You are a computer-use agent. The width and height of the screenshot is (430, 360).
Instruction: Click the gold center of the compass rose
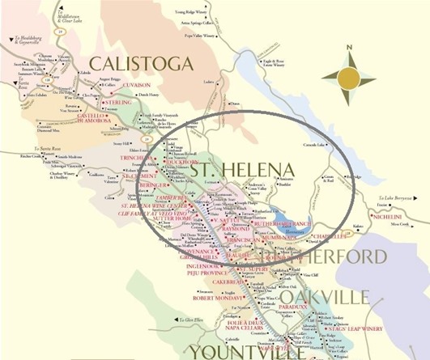[x=349, y=77]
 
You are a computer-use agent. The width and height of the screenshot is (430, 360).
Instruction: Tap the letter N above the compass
[x=349, y=47]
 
